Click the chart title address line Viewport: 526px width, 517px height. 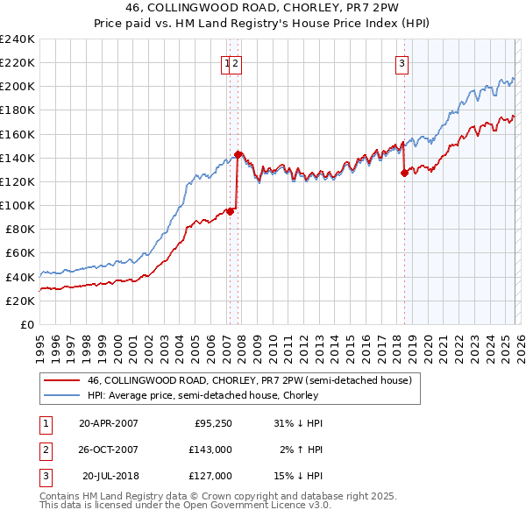[262, 9]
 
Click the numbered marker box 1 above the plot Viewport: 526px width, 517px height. [227, 62]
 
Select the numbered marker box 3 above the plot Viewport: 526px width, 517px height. [402, 62]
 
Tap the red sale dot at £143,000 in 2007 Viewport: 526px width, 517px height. [238, 154]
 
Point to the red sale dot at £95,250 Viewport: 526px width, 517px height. [230, 210]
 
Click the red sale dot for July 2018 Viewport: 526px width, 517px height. [404, 173]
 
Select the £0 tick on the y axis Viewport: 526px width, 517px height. [26, 324]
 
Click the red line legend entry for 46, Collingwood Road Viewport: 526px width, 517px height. [250, 380]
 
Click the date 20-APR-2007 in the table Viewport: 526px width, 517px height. [108, 423]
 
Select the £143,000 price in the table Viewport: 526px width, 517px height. [210, 450]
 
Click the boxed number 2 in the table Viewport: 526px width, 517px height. [44, 450]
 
